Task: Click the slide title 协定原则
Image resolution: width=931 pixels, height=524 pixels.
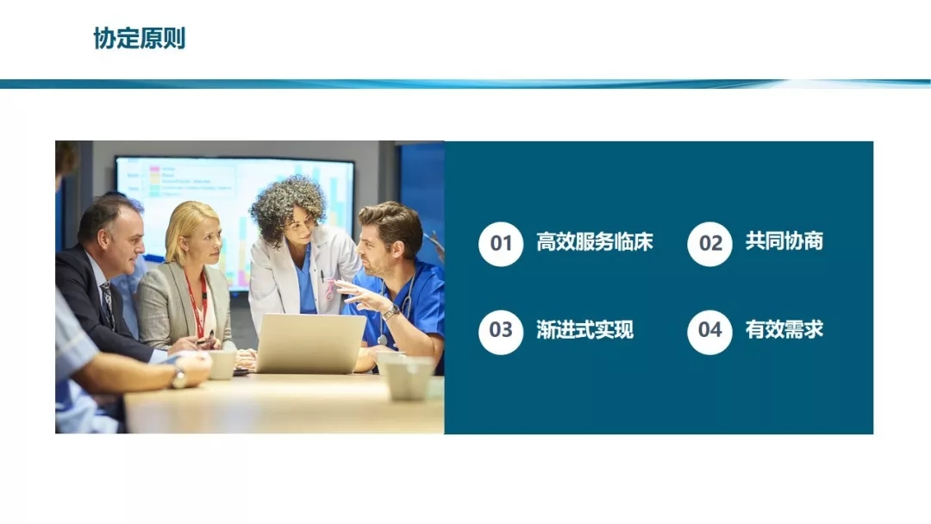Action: pyautogui.click(x=140, y=39)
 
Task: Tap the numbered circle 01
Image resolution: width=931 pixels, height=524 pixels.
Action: pyautogui.click(x=501, y=243)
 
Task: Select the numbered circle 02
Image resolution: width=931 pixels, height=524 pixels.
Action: pyautogui.click(x=709, y=243)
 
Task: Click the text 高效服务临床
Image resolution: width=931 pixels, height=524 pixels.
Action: pyautogui.click(x=594, y=242)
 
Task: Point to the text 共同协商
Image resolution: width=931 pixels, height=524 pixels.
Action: pyautogui.click(x=784, y=241)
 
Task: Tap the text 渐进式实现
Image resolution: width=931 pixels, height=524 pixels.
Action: pyautogui.click(x=584, y=330)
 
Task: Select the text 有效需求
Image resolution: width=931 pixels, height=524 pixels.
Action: pyautogui.click(x=784, y=329)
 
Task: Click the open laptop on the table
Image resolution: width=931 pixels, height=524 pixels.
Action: pyautogui.click(x=310, y=343)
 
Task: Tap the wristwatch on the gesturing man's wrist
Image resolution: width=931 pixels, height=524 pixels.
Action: pyautogui.click(x=391, y=311)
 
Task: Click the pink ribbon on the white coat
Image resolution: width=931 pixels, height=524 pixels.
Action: pyautogui.click(x=328, y=290)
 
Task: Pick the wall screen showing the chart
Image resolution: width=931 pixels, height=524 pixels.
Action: pyautogui.click(x=235, y=221)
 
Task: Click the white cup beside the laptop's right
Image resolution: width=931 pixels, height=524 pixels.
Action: pyautogui.click(x=408, y=377)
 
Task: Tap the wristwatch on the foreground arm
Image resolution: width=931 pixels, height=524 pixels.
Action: pyautogui.click(x=178, y=377)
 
